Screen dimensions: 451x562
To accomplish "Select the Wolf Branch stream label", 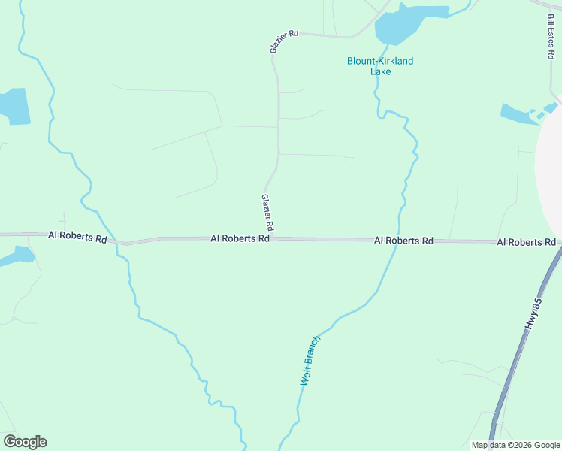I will [310, 360].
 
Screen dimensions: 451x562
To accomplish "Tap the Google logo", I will [25, 442].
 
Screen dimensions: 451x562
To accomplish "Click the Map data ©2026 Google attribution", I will [515, 445].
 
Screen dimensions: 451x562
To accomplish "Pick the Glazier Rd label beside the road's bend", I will [284, 41].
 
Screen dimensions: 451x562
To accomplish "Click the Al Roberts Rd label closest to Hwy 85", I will [526, 242].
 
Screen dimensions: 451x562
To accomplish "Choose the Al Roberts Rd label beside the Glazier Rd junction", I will [240, 238].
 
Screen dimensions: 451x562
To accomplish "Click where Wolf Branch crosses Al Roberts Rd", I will [396, 241].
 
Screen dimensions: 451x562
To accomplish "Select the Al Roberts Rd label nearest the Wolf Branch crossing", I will [404, 241].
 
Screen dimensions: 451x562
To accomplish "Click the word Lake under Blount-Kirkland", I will [380, 71].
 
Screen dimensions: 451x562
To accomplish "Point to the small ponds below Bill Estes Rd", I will [518, 114].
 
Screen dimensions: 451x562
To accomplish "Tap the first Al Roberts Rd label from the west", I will [77, 236].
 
